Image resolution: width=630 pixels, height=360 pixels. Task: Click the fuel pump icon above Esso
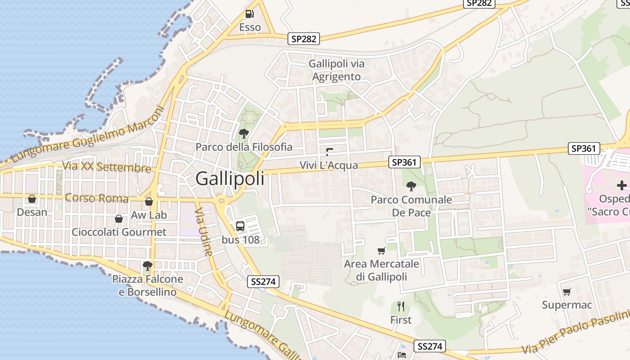[x=250, y=14]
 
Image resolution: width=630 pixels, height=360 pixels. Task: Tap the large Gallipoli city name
[x=230, y=179]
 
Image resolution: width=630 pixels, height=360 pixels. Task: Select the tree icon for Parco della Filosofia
[x=244, y=133]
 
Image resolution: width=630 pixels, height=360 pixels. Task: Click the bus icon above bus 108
[x=240, y=226]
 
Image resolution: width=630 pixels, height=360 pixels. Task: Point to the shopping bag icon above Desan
[x=32, y=198]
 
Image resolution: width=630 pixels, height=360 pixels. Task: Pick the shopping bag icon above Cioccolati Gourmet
[x=119, y=219]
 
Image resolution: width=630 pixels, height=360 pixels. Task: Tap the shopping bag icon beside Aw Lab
[x=149, y=202]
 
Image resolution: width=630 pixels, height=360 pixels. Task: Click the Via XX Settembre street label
[x=107, y=167]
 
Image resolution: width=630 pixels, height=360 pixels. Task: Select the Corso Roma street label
[x=97, y=198]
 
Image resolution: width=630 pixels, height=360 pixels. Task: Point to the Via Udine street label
[x=204, y=232]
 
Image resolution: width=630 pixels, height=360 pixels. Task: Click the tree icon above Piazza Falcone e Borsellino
[x=147, y=265]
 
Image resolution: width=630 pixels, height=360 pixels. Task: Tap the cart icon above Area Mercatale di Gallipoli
[x=382, y=251]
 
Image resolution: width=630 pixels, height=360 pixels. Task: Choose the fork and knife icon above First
[x=401, y=306]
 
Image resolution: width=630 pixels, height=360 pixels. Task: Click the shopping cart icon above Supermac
[x=567, y=292]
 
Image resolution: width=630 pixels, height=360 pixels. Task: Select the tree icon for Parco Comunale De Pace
[x=411, y=186]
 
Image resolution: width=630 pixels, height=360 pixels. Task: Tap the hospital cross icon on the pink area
[x=621, y=185]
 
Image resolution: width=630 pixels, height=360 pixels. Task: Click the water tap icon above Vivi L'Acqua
[x=329, y=152]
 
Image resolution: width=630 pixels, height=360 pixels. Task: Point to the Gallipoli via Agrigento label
[x=337, y=70]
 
